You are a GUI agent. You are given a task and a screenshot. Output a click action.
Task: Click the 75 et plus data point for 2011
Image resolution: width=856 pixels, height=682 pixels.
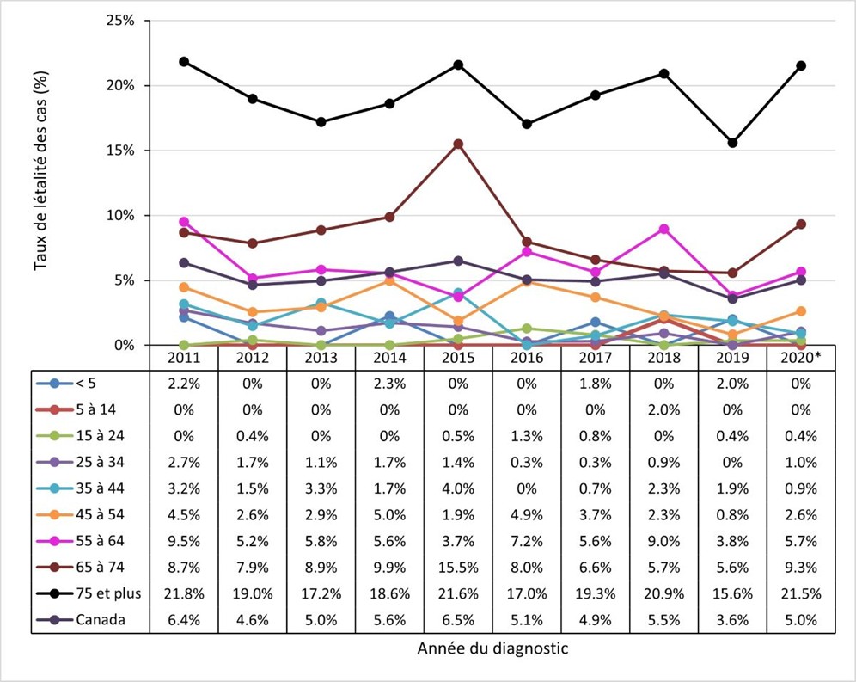coord(184,62)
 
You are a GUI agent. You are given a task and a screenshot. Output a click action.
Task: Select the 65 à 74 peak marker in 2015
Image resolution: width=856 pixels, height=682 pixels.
coord(458,144)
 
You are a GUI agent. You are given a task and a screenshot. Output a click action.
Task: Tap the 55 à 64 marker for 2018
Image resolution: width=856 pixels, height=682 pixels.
coord(663,229)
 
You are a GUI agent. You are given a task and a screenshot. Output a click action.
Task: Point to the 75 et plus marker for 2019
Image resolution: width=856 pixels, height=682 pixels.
coord(732,143)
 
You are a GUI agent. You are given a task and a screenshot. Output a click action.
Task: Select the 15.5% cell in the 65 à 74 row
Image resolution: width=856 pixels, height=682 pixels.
coord(458,567)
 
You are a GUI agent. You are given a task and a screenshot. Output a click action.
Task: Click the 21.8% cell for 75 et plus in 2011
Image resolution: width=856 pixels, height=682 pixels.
coord(184,593)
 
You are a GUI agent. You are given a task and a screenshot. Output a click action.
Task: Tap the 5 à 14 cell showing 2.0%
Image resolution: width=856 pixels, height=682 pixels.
coord(663,409)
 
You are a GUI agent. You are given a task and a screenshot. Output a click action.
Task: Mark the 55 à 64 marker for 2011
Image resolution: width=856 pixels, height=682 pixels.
coord(184,222)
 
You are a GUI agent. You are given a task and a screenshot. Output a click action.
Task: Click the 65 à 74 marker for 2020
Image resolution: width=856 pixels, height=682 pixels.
coord(801,224)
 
